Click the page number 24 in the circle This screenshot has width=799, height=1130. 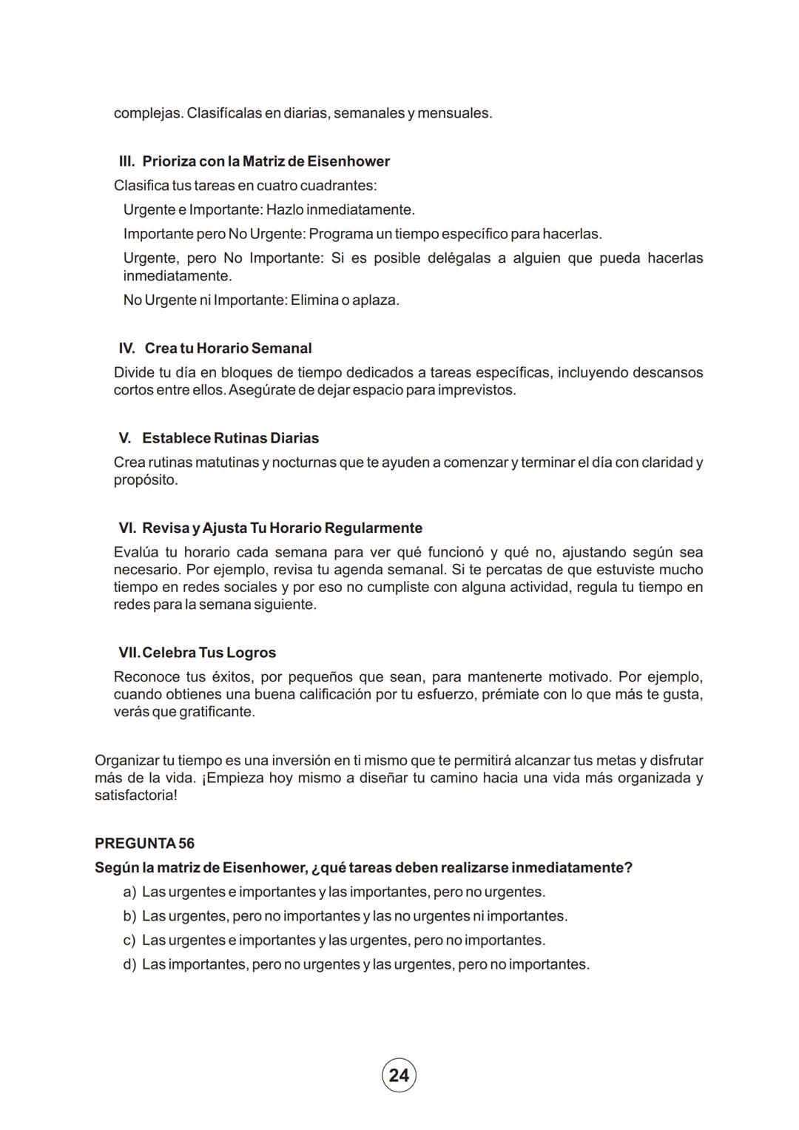click(399, 1075)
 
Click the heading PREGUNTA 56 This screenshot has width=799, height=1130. click(144, 843)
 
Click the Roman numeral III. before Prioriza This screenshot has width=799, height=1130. click(127, 161)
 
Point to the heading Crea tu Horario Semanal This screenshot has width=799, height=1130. click(228, 348)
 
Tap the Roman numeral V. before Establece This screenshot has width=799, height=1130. click(125, 438)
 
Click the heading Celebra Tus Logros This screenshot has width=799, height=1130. click(209, 653)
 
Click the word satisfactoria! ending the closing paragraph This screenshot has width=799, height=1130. click(136, 796)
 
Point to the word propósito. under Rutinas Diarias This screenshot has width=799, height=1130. click(146, 480)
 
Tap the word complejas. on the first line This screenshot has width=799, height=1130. click(147, 114)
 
